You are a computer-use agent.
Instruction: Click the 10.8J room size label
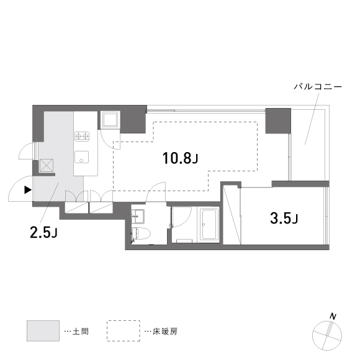tap(180, 159)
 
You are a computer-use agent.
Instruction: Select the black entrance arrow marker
tap(27, 190)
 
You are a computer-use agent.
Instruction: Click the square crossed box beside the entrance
tap(47, 165)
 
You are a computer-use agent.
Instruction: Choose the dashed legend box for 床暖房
tap(124, 331)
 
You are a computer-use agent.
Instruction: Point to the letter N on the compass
tap(333, 317)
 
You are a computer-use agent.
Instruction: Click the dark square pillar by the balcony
tap(278, 120)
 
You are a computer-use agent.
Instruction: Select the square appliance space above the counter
tap(110, 119)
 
